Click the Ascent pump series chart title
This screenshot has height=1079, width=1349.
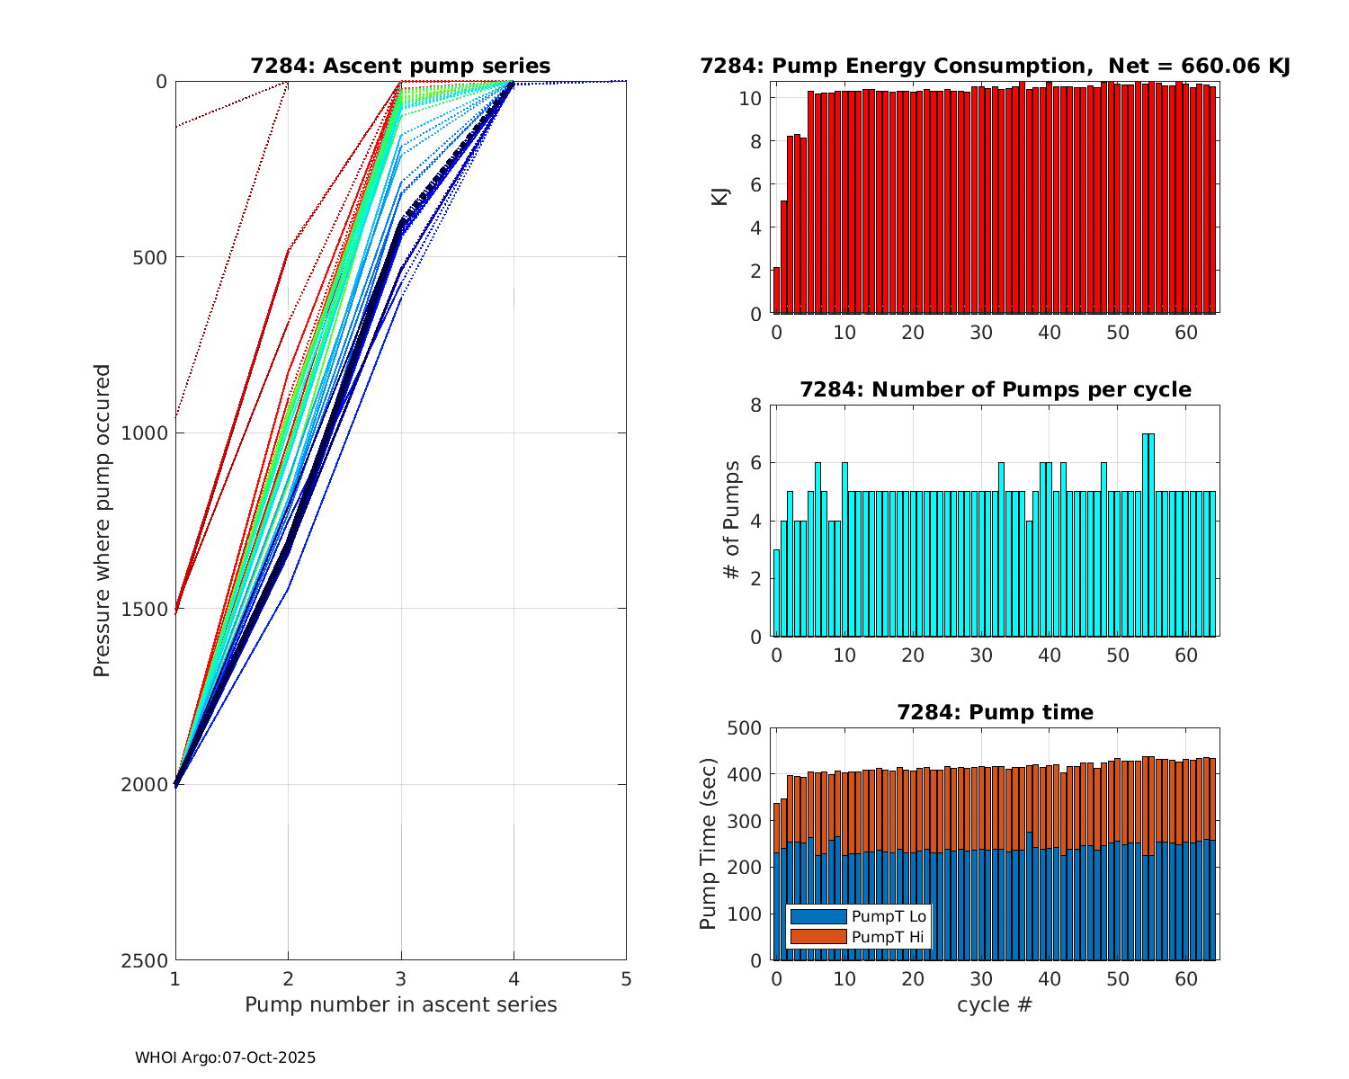click(400, 66)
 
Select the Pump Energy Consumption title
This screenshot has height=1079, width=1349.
click(996, 66)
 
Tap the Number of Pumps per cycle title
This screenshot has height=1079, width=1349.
click(996, 389)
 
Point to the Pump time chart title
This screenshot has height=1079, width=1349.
click(996, 712)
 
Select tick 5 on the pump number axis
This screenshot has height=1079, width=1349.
click(626, 978)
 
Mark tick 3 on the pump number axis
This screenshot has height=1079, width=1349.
click(401, 978)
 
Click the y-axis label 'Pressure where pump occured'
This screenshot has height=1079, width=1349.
click(102, 521)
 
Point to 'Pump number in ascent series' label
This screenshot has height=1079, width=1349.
click(401, 1004)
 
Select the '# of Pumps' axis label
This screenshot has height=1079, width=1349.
click(733, 520)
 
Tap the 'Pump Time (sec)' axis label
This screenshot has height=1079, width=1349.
click(709, 844)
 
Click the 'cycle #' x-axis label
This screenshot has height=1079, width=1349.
click(995, 1004)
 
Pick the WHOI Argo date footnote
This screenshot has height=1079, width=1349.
click(226, 1058)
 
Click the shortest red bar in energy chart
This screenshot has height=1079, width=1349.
click(776, 290)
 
